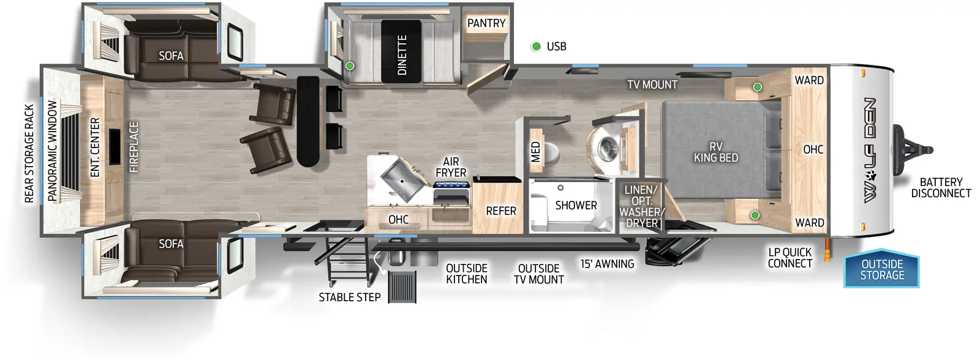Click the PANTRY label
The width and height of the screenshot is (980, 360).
pos(486,23)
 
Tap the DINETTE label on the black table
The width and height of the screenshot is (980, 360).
pos(402,55)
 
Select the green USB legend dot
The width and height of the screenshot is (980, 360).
pos(536,47)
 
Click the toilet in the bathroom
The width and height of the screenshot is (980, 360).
pos(552,151)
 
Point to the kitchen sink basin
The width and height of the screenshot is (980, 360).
pos(402,178)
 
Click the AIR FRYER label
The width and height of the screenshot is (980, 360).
pos(451,167)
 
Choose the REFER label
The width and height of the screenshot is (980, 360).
pos(501,211)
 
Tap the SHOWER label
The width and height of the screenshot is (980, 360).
pos(576,205)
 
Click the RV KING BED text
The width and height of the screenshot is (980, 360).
pos(715,152)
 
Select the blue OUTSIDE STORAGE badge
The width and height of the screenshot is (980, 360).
pos(882,269)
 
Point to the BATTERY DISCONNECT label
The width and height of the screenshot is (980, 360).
pos(941,187)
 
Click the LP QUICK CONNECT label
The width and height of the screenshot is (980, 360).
pos(790,258)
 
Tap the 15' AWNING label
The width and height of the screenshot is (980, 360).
pos(608,264)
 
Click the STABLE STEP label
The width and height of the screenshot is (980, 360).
pos(350,297)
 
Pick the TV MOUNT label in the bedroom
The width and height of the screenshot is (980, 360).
pos(652,84)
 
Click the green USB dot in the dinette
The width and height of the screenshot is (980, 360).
pos(350,66)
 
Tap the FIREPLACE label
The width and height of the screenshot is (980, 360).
pos(134,147)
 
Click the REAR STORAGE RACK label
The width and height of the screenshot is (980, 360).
pos(29,153)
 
